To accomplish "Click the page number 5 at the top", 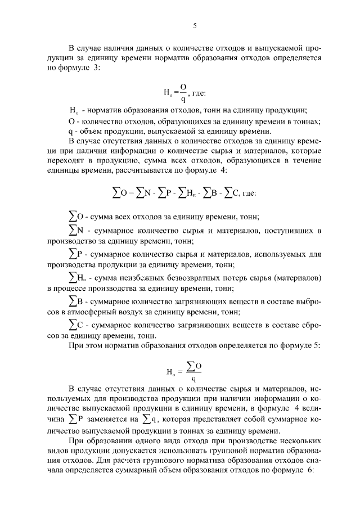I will click(x=194, y=25).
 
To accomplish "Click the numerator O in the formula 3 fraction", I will click(x=183, y=85).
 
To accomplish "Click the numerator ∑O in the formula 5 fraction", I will click(x=193, y=366).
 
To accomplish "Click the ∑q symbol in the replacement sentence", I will click(x=149, y=418).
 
